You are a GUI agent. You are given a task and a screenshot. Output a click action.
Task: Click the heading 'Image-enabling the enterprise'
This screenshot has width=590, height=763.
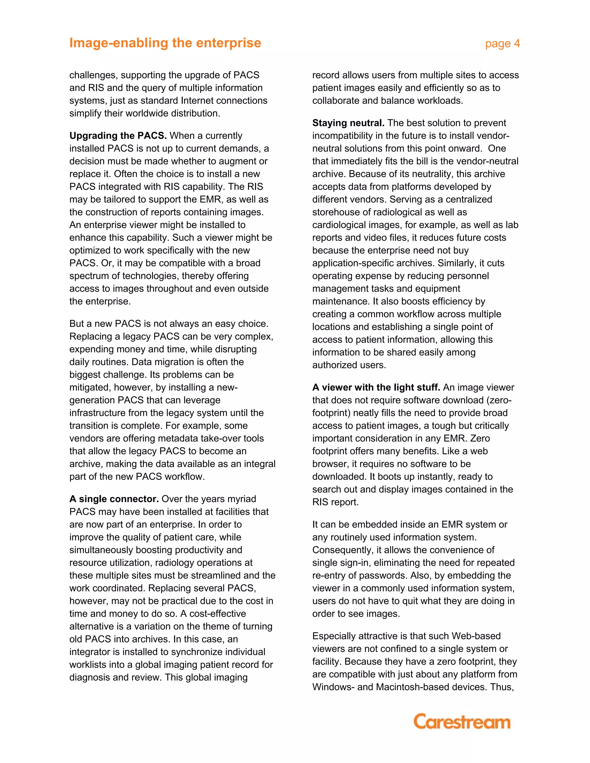point(165,43)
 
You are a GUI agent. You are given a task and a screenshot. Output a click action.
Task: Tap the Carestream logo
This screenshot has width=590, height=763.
point(462,722)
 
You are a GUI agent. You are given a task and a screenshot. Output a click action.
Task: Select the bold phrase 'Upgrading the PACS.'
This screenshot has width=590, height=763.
point(118,136)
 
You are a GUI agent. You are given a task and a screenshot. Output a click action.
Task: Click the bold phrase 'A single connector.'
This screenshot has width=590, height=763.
point(114,499)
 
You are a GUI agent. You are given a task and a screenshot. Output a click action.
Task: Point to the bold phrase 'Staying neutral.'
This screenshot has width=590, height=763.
point(348,123)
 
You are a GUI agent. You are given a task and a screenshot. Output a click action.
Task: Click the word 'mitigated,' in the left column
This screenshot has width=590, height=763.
point(90,388)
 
